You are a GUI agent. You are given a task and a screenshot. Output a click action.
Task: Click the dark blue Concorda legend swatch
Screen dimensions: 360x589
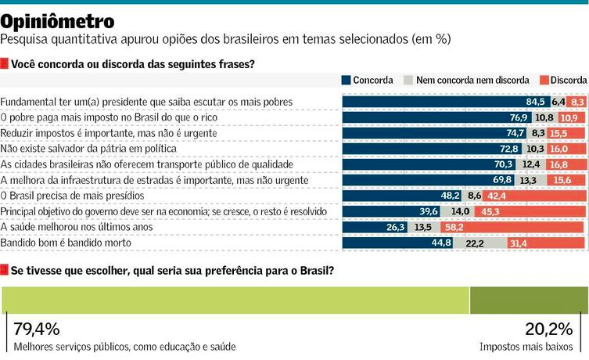tap(347, 80)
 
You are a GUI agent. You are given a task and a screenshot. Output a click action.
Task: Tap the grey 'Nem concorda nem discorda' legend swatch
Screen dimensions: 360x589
tap(408, 80)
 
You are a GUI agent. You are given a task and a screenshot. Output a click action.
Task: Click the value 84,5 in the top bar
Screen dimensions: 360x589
tap(535, 102)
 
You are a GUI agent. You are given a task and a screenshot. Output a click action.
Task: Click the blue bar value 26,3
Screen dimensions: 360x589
tap(396, 227)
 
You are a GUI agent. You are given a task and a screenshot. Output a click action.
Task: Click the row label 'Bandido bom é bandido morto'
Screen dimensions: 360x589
tap(65, 243)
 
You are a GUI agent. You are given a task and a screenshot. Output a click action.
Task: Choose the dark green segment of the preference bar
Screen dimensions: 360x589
tap(528, 301)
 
